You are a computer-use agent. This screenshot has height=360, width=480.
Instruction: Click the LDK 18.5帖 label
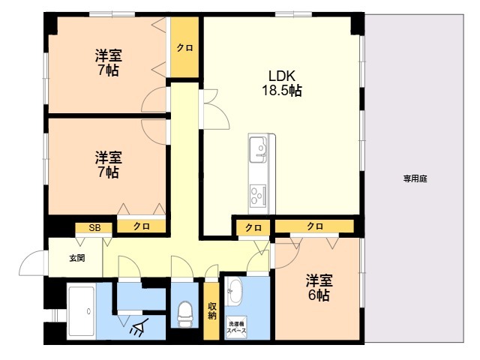[282, 83]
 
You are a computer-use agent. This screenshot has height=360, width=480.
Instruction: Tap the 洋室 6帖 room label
[319, 288]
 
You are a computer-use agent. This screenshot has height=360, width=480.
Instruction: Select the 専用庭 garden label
[415, 178]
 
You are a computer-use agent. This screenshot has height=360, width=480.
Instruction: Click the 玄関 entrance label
[76, 258]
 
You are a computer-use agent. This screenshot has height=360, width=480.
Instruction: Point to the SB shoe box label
[94, 228]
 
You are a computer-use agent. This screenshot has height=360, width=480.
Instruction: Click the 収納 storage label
[212, 310]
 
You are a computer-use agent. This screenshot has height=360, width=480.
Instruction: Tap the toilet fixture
[185, 313]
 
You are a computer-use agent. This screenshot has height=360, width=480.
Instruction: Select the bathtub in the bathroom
[82, 311]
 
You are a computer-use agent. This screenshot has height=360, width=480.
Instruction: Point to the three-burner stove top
[258, 195]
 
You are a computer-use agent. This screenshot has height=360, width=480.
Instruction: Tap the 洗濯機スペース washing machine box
[236, 327]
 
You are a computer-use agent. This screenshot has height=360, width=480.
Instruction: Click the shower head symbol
[139, 327]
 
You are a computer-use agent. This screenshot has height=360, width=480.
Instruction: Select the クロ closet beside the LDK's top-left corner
[184, 47]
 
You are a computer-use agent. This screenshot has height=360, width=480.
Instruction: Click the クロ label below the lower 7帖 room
[142, 226]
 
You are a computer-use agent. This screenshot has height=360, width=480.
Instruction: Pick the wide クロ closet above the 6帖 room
[314, 226]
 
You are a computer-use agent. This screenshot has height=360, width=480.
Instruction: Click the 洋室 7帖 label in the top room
[108, 63]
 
